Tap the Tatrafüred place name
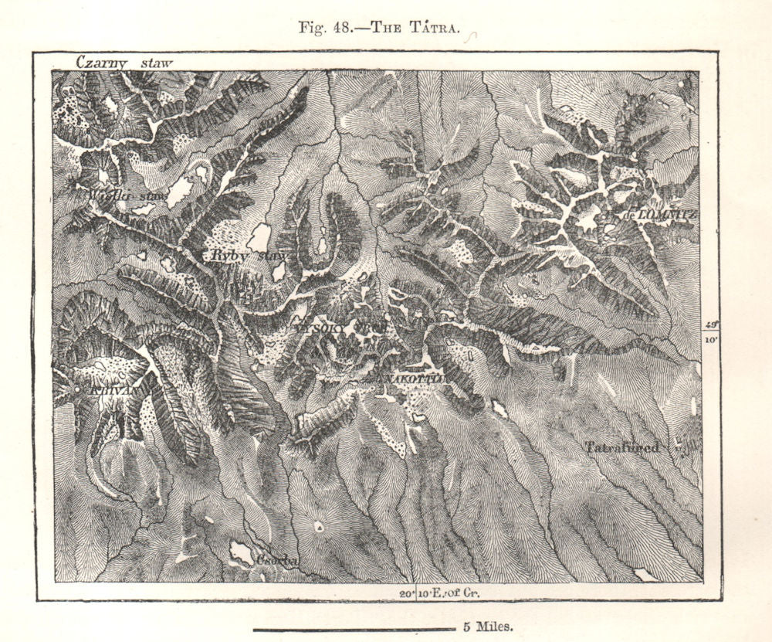coord(621,447)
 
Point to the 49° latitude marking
coord(711,325)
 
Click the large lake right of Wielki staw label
coord(179,192)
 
